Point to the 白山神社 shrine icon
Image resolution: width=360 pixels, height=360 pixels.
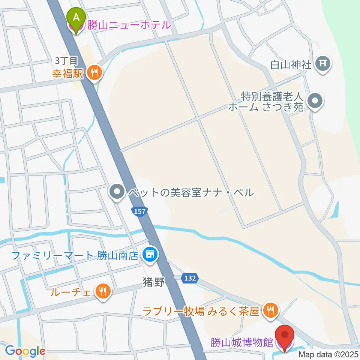(323, 64)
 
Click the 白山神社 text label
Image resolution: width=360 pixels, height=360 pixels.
(291, 64)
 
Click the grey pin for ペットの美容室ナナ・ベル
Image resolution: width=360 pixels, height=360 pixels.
(117, 193)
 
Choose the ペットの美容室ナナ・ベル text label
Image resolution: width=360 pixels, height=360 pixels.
(190, 193)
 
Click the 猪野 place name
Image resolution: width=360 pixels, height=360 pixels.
(153, 282)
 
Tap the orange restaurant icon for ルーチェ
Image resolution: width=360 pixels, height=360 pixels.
(102, 291)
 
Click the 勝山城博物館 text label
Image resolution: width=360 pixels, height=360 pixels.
(242, 343)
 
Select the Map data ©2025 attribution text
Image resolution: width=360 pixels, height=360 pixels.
(328, 354)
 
